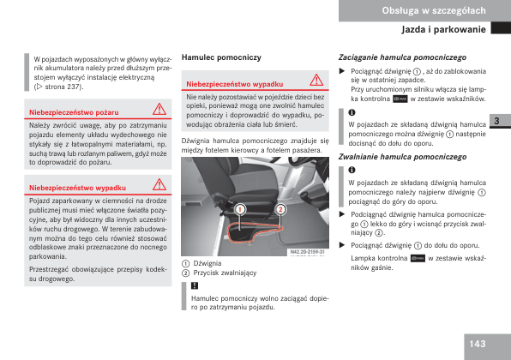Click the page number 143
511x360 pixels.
click(x=478, y=344)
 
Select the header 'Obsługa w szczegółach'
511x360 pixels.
click(x=434, y=11)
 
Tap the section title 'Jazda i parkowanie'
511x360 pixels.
click(x=443, y=29)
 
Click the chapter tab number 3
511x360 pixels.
click(x=496, y=121)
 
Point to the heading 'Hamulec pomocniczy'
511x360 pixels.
click(x=221, y=57)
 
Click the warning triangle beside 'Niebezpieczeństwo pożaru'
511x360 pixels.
click(x=159, y=110)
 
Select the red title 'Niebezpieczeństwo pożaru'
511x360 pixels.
click(x=74, y=113)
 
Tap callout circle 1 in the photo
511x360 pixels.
click(x=240, y=209)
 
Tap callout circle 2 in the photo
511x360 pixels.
click(x=280, y=209)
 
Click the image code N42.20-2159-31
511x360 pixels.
click(x=307, y=252)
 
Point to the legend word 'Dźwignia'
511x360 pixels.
click(x=207, y=263)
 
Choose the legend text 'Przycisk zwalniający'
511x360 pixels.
click(x=225, y=273)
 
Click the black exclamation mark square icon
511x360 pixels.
click(x=195, y=285)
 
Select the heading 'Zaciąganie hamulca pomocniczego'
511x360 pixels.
click(x=402, y=57)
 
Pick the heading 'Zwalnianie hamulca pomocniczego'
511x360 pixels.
click(x=402, y=157)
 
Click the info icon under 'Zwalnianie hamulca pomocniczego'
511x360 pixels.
click(x=352, y=170)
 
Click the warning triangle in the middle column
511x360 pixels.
click(x=316, y=81)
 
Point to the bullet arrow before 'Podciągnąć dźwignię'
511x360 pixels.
click(x=342, y=214)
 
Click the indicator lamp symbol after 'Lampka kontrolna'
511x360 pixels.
click(x=418, y=258)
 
